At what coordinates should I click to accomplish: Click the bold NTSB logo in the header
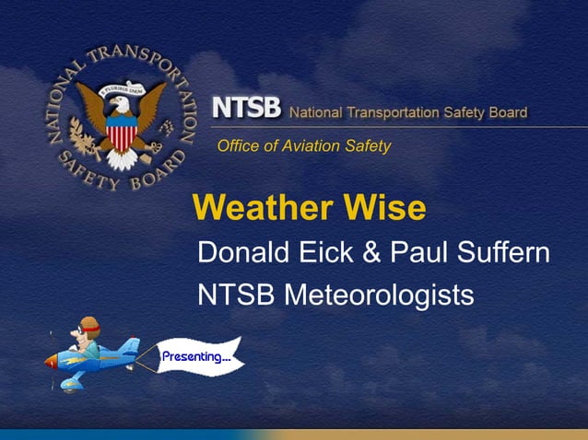click(246, 108)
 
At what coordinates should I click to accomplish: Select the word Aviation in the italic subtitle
click(308, 145)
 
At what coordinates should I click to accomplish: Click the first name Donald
click(241, 251)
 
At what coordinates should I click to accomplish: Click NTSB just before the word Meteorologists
click(237, 295)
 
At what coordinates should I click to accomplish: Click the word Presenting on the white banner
click(195, 356)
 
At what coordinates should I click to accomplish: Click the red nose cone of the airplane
click(52, 362)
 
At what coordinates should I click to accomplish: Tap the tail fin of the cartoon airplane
click(131, 347)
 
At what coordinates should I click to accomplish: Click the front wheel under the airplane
click(67, 385)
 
